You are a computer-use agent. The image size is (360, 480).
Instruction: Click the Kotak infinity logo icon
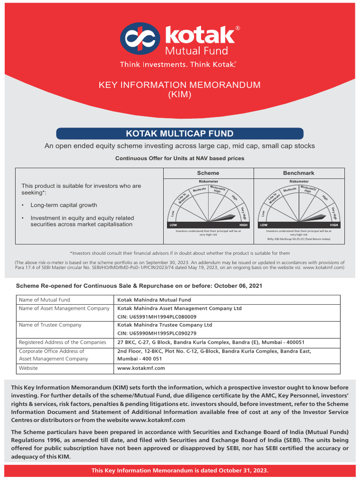coord(140,39)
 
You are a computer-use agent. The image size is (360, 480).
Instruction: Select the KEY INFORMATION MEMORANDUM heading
coord(179,85)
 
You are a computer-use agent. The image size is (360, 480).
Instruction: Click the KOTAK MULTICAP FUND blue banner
coord(180,134)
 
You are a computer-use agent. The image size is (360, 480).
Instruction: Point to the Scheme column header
coord(208,173)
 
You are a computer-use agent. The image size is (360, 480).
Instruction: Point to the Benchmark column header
coord(299,173)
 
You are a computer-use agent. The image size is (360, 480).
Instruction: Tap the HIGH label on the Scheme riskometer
coord(243,225)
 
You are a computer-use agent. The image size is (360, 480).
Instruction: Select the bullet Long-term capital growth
coord(64,205)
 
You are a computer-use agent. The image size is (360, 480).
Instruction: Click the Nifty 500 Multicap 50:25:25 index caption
coord(299,239)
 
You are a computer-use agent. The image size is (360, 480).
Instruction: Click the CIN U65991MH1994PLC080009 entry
coord(157,317)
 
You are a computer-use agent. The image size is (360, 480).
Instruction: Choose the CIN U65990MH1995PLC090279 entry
coord(157,333)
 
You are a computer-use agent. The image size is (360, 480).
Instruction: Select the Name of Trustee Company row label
coord(50,325)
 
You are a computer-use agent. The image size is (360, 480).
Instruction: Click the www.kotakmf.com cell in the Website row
coord(141,368)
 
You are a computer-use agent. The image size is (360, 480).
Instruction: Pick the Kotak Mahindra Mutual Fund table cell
coord(154,300)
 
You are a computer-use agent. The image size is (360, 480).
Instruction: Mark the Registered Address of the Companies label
coord(62,342)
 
